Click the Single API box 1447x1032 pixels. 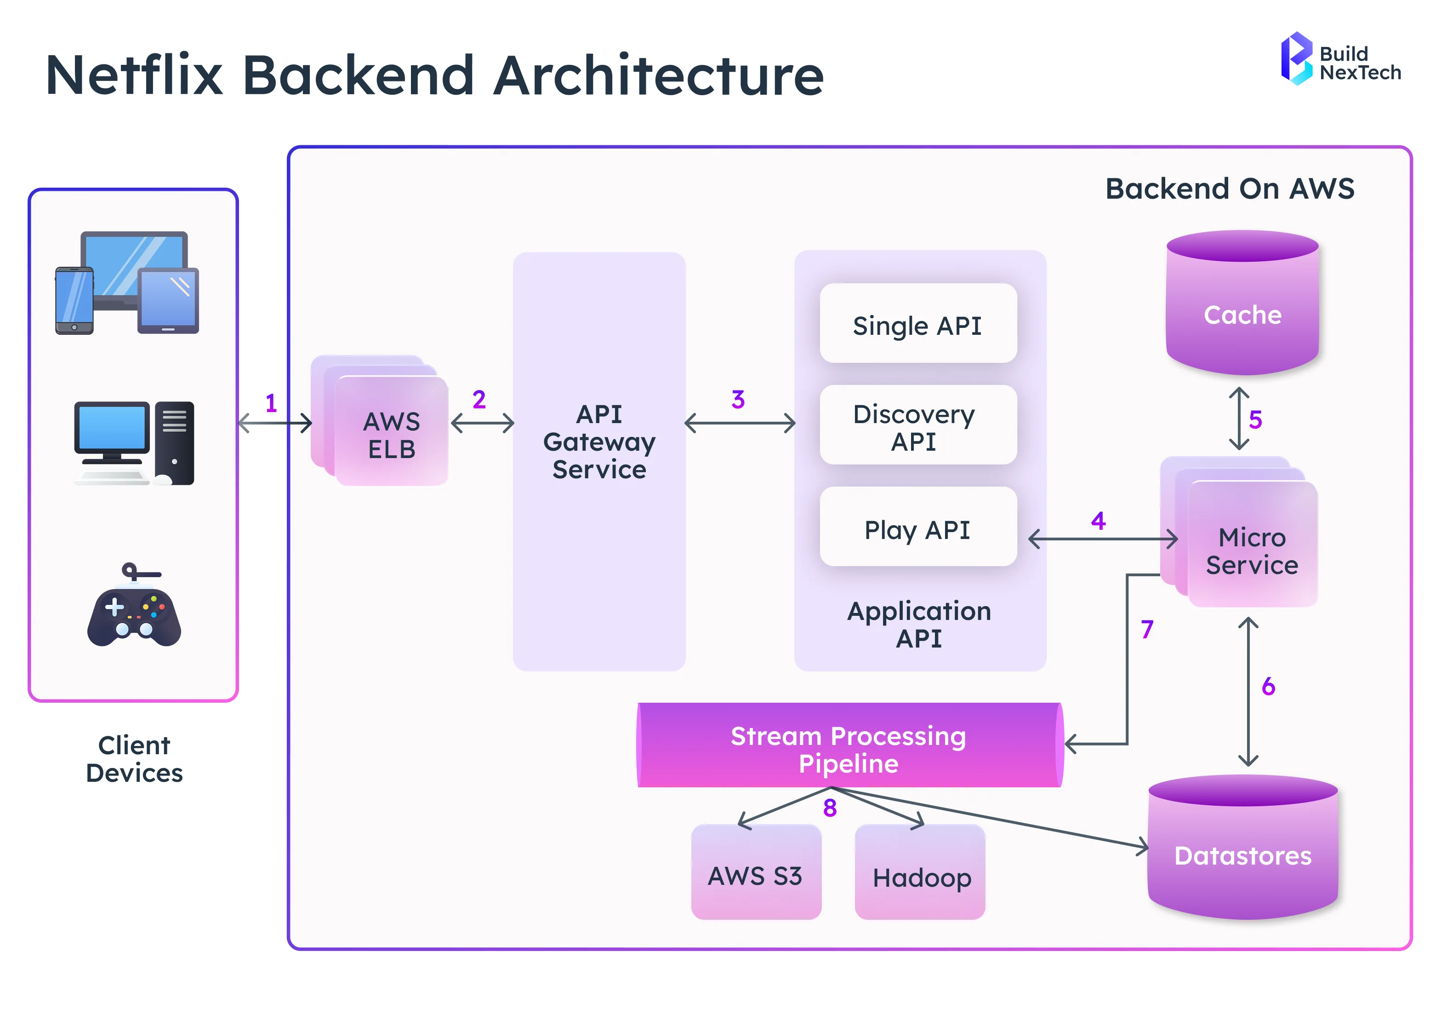(x=917, y=324)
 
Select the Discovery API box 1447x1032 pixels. (x=917, y=426)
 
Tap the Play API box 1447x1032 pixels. (x=917, y=528)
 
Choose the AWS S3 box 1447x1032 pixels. (x=755, y=873)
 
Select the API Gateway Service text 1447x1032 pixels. (x=599, y=441)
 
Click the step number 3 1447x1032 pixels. (x=737, y=400)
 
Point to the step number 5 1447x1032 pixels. (x=1255, y=419)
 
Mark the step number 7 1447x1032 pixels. (x=1146, y=629)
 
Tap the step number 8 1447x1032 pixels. (x=830, y=808)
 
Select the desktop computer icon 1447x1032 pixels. (x=134, y=443)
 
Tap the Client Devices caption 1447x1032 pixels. (x=134, y=759)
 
